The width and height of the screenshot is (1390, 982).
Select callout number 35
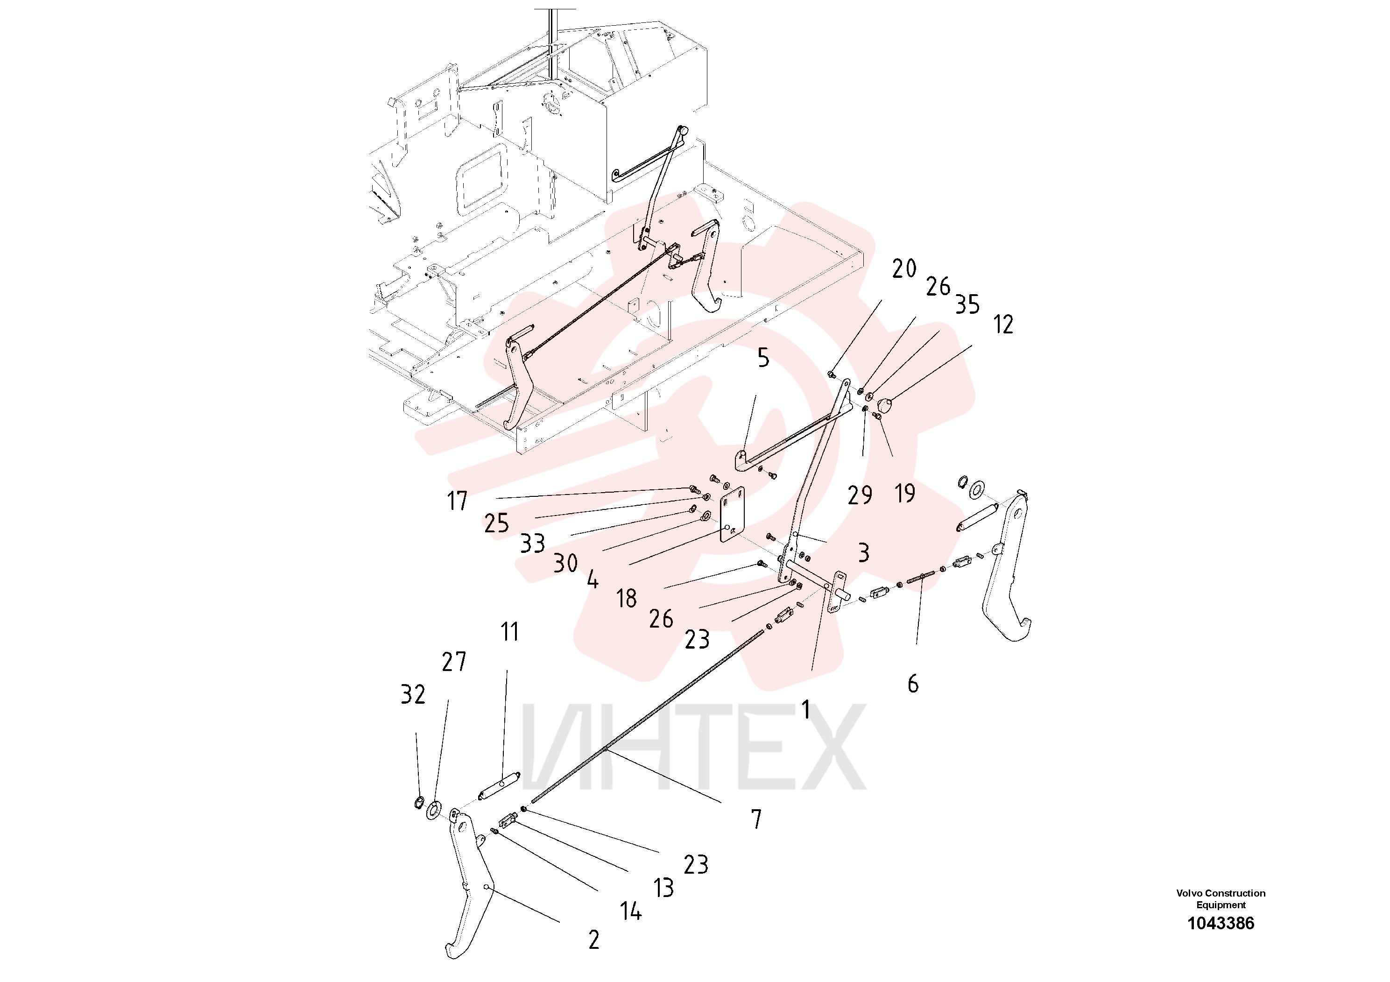tap(967, 304)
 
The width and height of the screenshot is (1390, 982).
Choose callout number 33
tap(533, 544)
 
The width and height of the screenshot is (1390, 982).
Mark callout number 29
tap(860, 495)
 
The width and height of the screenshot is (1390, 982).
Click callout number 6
tap(913, 684)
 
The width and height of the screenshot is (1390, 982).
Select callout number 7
tap(756, 819)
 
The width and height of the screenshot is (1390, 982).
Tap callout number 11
tap(510, 632)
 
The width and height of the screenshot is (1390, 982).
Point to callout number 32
tap(413, 694)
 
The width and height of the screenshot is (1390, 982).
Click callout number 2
tap(594, 940)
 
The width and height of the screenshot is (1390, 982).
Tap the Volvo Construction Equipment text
tap(1221, 899)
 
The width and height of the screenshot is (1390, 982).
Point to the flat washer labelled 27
tap(433, 810)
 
